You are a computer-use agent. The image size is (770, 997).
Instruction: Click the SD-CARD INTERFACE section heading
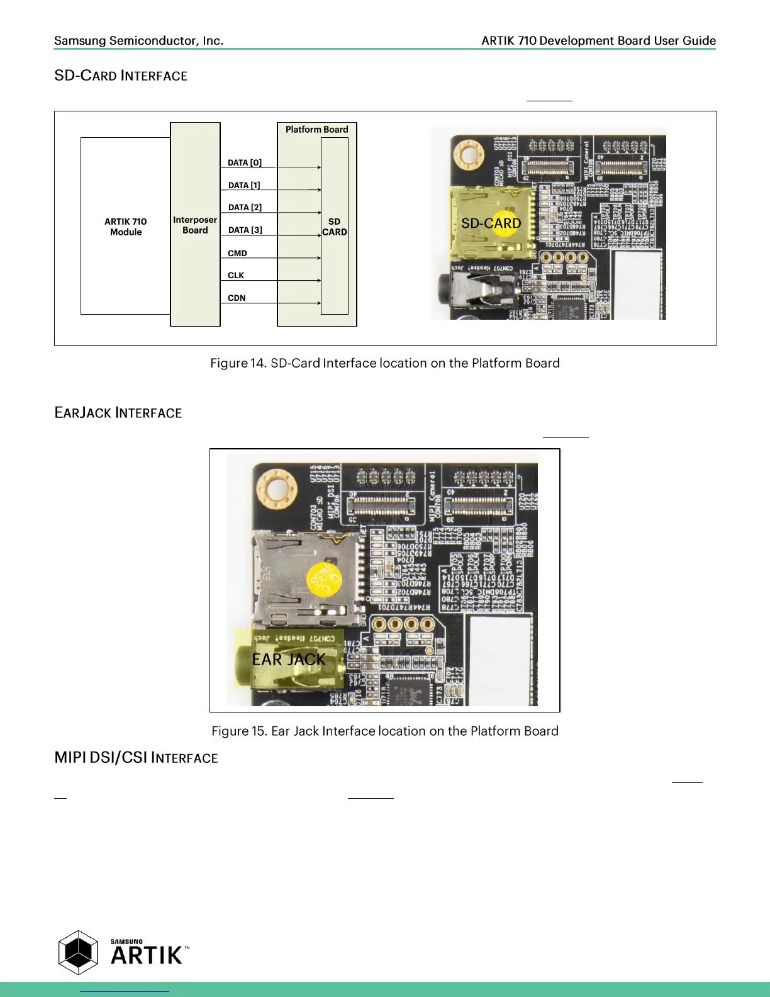[x=121, y=76]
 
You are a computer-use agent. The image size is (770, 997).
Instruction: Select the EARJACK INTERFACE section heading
[x=118, y=413]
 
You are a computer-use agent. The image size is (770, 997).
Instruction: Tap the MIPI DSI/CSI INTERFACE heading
[x=136, y=758]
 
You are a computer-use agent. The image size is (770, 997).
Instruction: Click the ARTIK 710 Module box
[x=126, y=227]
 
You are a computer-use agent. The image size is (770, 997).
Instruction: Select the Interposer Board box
[x=195, y=225]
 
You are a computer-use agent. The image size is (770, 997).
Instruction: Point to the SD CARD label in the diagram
[x=334, y=227]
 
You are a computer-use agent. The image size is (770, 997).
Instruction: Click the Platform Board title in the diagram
[x=316, y=130]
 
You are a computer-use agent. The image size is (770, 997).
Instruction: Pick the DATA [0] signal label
[x=245, y=163]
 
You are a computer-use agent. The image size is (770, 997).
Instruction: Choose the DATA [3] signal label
[x=245, y=230]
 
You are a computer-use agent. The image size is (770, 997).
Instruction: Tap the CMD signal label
[x=237, y=253]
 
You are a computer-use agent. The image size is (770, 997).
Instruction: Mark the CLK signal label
[x=236, y=276]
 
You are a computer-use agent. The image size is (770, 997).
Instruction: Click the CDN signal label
[x=237, y=298]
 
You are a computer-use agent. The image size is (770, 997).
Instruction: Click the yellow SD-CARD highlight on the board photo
[x=491, y=223]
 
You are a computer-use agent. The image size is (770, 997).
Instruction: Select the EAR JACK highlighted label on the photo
[x=289, y=659]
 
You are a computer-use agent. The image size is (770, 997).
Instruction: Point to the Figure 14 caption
[x=385, y=363]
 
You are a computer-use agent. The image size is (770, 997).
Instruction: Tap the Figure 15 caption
[x=385, y=731]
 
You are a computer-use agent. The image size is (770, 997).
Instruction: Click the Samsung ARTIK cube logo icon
[x=78, y=952]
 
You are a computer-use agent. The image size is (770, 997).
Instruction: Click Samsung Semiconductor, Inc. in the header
[x=138, y=41]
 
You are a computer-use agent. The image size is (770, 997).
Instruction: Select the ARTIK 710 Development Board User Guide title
[x=598, y=41]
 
